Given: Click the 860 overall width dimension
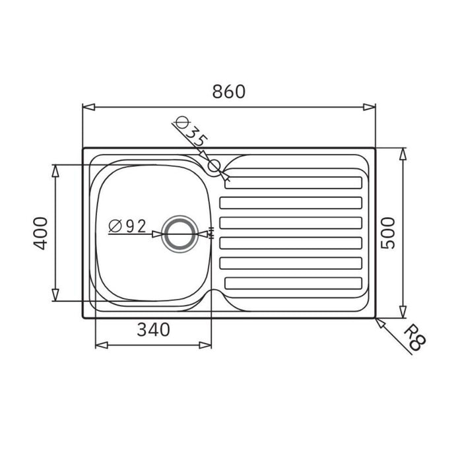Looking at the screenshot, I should (228, 92).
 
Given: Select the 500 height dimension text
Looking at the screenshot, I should (389, 232).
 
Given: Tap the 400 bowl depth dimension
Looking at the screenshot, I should (40, 232).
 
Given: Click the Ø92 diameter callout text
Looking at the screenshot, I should (127, 226).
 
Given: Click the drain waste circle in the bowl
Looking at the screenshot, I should (180, 234).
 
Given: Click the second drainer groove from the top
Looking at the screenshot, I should (291, 203).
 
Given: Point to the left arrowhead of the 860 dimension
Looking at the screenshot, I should (86, 106).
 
